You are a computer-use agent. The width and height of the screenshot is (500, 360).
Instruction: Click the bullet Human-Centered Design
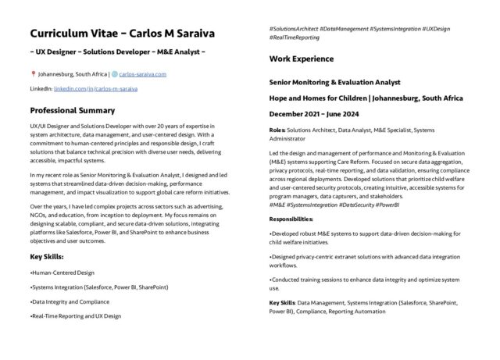[x=62, y=273]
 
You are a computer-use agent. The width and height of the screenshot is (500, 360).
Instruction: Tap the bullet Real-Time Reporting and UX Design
[x=77, y=315]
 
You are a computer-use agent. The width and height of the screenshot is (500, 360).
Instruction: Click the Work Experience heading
[x=301, y=59]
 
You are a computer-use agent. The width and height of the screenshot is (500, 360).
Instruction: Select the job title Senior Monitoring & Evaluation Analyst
[x=334, y=82]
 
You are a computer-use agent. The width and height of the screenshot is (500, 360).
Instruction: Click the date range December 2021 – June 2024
[x=324, y=113]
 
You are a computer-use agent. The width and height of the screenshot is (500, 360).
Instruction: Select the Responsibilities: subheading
[x=295, y=220]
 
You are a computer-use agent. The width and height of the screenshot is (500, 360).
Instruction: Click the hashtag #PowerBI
[x=388, y=204]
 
